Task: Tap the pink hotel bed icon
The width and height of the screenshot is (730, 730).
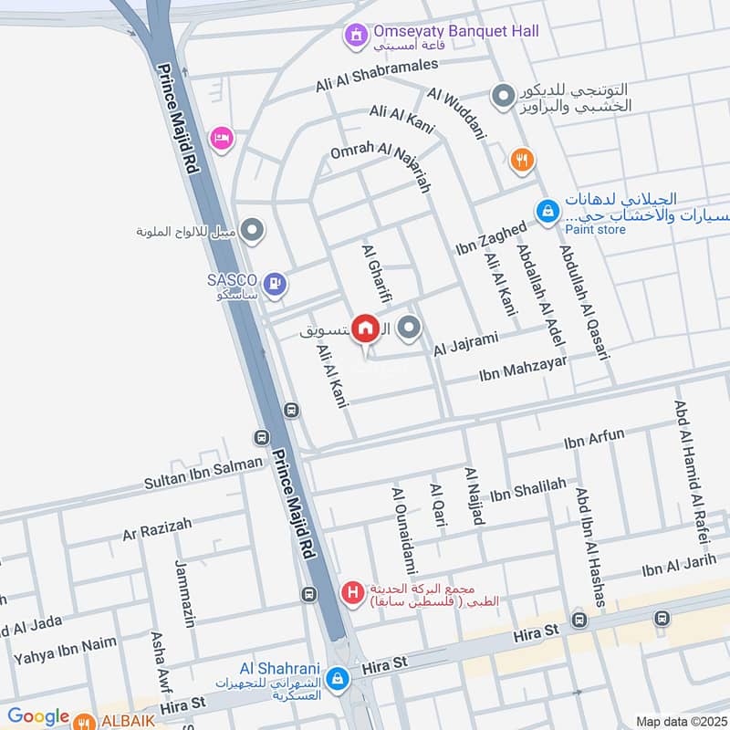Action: tap(222, 138)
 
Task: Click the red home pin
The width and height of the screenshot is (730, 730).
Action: tap(365, 328)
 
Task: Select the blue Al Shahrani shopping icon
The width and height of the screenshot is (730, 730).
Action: tap(338, 678)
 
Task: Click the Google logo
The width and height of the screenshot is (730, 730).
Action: tap(38, 717)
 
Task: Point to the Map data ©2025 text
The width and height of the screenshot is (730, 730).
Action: tap(679, 721)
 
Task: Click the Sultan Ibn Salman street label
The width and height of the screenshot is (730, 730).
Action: tap(203, 471)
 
